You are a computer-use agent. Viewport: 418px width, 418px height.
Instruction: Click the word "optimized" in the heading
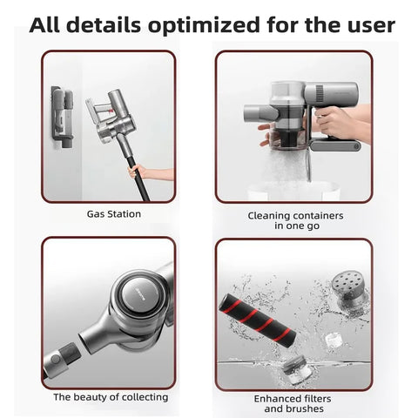(204, 25)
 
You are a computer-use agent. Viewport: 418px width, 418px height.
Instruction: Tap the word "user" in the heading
(368, 25)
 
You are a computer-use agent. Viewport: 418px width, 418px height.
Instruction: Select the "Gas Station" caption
(114, 214)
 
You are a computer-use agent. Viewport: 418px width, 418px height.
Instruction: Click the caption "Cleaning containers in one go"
(295, 220)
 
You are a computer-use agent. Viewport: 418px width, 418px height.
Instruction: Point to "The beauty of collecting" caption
(111, 397)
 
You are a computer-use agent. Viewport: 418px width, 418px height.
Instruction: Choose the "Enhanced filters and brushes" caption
(293, 403)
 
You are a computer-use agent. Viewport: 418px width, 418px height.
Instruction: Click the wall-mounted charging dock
(62, 117)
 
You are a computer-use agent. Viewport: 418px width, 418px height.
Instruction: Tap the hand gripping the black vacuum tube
(136, 172)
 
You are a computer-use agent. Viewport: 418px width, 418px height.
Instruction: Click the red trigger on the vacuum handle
(111, 111)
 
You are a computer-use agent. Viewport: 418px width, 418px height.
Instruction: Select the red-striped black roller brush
(257, 320)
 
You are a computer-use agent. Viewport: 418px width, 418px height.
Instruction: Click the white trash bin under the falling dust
(293, 191)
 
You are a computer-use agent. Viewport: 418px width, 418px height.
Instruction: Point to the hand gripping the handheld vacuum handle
(337, 122)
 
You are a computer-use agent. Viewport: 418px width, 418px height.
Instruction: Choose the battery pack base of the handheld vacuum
(335, 145)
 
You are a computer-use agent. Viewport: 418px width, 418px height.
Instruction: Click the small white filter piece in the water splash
(333, 340)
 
